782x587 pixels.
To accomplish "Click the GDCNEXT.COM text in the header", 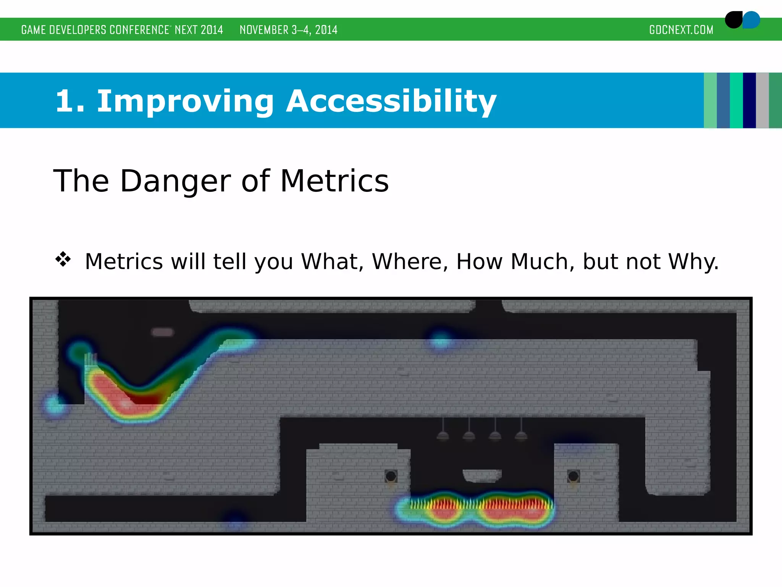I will (681, 30).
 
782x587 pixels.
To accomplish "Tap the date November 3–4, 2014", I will (288, 30).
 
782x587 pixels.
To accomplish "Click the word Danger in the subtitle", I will (175, 181).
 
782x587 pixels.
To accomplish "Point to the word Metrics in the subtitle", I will (334, 181).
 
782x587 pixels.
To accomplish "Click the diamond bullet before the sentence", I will (63, 259).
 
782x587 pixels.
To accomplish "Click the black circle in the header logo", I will (733, 20).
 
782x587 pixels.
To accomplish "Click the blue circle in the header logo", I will (752, 20).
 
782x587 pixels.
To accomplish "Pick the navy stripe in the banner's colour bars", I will (749, 100).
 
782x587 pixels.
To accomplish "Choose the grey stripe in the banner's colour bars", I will (762, 100).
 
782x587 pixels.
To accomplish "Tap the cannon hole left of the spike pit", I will (391, 476).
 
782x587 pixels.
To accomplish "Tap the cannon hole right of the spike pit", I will (573, 476).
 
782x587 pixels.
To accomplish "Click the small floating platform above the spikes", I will (482, 475).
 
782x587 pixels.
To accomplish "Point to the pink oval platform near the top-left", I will (163, 332).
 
